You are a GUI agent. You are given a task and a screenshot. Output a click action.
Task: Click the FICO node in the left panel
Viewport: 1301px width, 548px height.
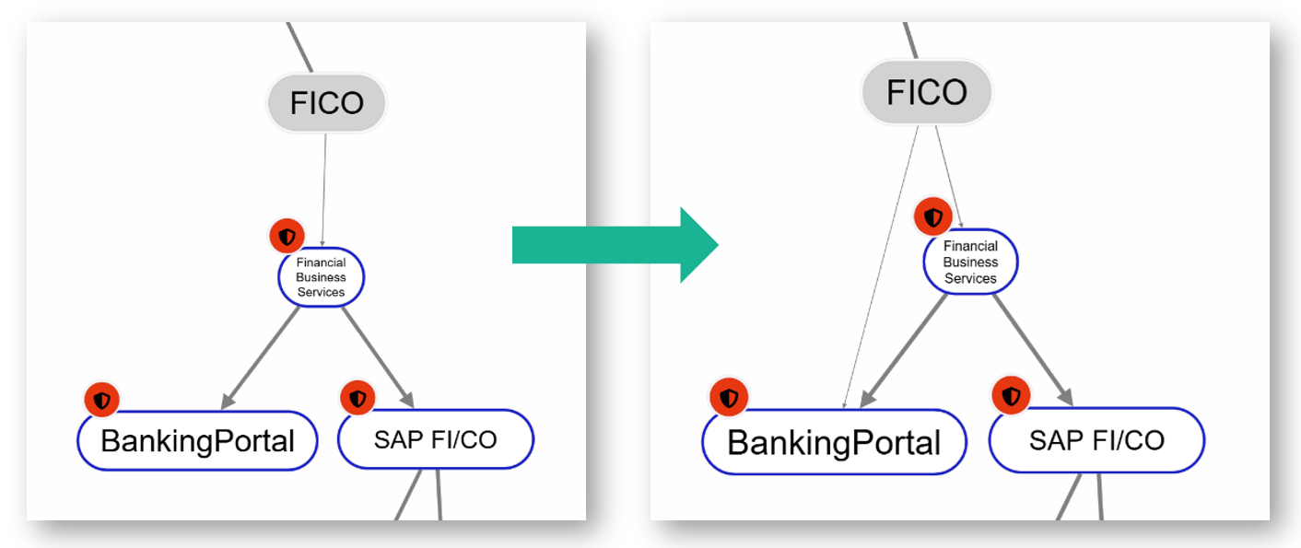click(x=326, y=102)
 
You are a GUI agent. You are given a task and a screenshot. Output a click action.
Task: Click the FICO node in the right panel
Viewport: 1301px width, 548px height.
click(x=926, y=92)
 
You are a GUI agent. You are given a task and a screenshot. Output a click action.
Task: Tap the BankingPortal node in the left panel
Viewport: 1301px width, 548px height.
click(x=197, y=441)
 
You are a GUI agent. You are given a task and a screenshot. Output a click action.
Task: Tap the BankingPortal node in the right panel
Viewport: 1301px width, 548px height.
click(x=834, y=442)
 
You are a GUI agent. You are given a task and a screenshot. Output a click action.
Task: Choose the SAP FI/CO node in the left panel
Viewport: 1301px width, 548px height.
click(x=435, y=440)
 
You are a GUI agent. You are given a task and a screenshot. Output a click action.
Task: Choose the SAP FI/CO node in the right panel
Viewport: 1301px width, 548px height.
click(x=1096, y=440)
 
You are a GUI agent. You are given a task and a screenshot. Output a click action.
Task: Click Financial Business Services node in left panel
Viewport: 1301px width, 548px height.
click(x=322, y=277)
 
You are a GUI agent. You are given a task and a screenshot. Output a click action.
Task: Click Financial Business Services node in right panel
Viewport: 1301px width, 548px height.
click(x=970, y=262)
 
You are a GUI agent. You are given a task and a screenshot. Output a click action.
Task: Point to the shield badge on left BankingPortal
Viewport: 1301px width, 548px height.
click(x=102, y=401)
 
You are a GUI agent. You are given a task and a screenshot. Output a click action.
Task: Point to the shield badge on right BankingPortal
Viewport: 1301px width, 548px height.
click(x=729, y=398)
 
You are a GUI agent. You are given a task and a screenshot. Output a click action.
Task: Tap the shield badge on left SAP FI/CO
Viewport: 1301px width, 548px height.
click(x=357, y=399)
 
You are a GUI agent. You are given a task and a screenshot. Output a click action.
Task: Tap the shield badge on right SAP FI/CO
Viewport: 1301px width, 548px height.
click(x=1012, y=397)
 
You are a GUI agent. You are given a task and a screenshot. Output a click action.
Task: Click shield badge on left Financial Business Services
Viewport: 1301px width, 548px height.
click(x=287, y=237)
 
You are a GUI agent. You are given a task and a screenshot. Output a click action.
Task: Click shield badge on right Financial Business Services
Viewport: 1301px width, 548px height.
click(x=934, y=218)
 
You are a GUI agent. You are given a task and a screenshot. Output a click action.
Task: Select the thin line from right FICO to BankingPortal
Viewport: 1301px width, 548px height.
click(x=882, y=267)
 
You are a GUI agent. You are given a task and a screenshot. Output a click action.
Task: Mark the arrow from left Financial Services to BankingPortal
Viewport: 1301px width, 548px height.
click(x=262, y=356)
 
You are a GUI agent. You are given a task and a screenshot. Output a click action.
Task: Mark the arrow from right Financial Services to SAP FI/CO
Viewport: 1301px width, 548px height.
click(x=1033, y=348)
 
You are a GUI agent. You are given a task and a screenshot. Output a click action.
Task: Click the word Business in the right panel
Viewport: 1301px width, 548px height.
click(x=970, y=262)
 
